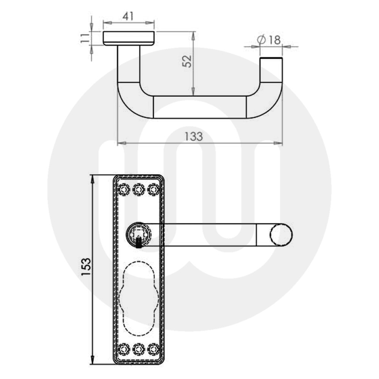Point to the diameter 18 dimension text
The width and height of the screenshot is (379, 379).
tap(269, 39)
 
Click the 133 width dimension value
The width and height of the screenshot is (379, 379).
tap(194, 136)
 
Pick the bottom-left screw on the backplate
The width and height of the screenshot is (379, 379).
tap(124, 349)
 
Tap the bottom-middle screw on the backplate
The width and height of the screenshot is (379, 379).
tap(139, 349)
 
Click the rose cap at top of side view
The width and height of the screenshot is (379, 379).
tap(129, 38)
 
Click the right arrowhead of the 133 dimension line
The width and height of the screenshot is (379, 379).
tap(280, 143)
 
